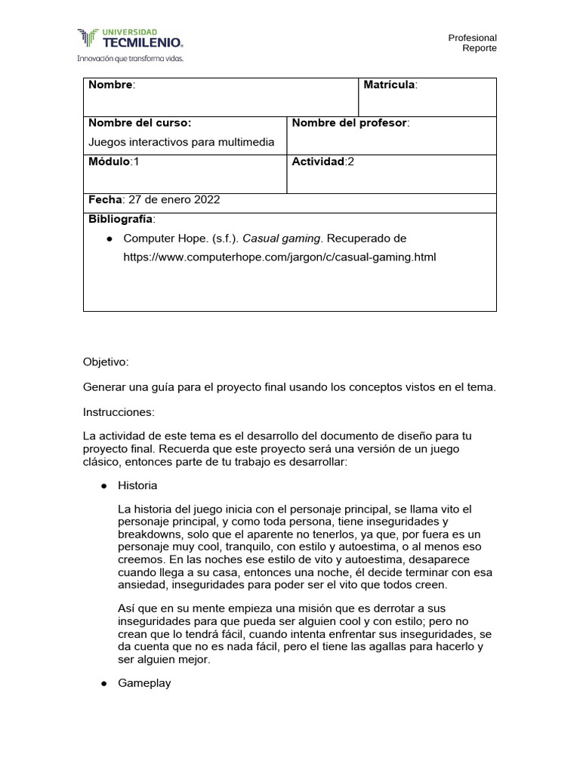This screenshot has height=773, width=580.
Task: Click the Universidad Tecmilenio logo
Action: click(x=129, y=38)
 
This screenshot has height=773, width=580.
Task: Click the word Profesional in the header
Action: click(x=472, y=38)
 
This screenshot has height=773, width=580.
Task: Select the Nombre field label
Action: click(x=110, y=85)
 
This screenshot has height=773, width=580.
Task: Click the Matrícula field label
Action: click(x=389, y=85)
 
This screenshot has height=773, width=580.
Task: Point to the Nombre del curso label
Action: click(x=140, y=123)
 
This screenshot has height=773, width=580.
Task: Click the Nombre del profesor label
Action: click(x=349, y=123)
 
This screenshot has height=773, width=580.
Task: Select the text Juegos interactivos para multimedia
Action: click(x=181, y=142)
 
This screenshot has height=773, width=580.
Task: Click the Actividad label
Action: click(x=318, y=162)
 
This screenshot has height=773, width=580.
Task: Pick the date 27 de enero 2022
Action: click(x=174, y=200)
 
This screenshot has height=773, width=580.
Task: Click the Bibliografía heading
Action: click(x=121, y=219)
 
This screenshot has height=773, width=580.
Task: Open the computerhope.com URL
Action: click(x=279, y=257)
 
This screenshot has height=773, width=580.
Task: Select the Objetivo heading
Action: click(x=106, y=362)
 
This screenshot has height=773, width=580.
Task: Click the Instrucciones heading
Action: click(x=119, y=412)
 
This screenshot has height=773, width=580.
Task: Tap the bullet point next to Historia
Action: click(x=104, y=485)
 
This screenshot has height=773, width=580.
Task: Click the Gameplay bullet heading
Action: click(x=144, y=683)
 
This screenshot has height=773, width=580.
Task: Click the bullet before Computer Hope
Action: click(x=110, y=239)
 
